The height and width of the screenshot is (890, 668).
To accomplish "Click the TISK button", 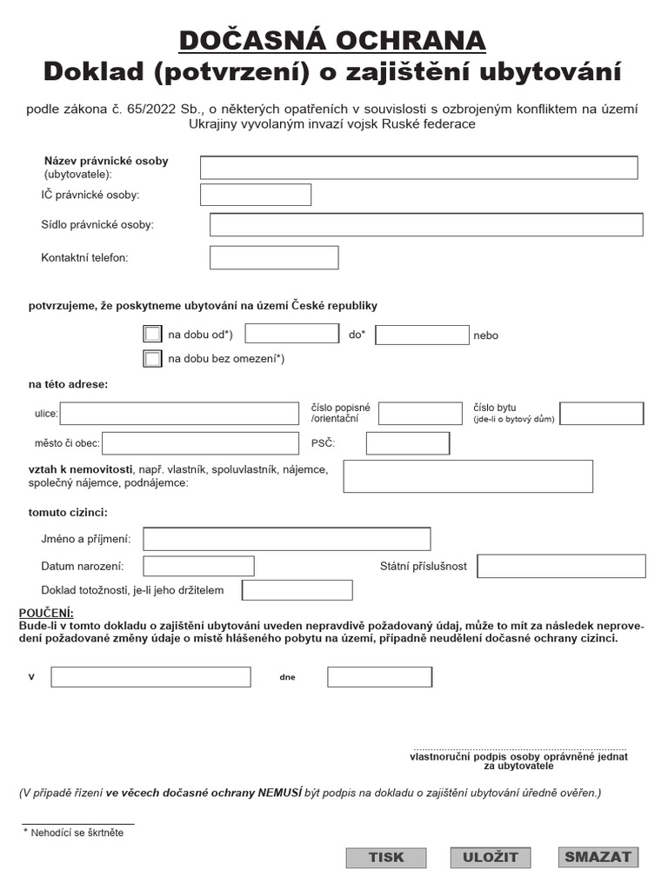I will [386, 857].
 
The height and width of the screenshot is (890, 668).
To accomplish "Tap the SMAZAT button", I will [598, 857].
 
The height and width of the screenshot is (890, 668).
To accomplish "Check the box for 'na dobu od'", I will [152, 334].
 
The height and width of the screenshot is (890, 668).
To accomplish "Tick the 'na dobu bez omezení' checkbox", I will [152, 358].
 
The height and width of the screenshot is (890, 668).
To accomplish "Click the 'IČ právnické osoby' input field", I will [256, 195].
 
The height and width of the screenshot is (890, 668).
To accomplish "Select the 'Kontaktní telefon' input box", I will [274, 257].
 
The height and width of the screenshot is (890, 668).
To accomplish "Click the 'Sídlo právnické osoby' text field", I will [426, 224].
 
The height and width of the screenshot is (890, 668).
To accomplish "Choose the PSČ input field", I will [408, 443].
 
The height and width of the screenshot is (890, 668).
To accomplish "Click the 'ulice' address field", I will [179, 414].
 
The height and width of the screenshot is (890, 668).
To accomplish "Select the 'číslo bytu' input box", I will [602, 414].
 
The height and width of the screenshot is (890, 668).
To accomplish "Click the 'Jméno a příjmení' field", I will [287, 539].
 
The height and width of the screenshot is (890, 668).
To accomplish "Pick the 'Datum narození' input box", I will [198, 566].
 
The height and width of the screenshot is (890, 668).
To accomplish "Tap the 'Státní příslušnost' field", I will [562, 566].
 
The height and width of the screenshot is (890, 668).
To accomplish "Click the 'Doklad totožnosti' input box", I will [297, 590].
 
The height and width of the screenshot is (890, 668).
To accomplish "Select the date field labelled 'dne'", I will [379, 676].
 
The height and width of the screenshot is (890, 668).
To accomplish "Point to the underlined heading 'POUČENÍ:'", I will [46, 613].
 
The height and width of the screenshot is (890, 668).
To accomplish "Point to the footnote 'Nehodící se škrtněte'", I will [77, 832].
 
